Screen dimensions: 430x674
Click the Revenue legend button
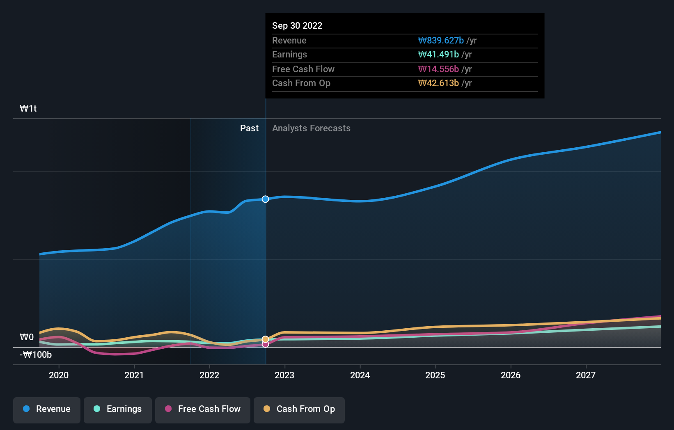(47, 409)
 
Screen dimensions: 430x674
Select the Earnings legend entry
(118, 409)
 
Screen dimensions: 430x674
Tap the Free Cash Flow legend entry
(203, 409)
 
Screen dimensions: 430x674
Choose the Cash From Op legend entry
(299, 409)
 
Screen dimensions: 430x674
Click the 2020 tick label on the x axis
(59, 375)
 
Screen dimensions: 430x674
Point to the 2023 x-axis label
(284, 375)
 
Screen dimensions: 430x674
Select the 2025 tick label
(435, 375)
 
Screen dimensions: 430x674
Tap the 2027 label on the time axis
(586, 375)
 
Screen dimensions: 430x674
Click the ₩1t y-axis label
(28, 109)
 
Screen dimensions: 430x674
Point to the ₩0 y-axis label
(27, 337)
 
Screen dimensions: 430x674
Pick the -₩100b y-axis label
(36, 355)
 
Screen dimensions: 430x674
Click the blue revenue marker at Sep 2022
(266, 199)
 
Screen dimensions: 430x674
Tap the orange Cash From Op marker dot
(266, 339)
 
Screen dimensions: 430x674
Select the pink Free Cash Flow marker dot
(266, 344)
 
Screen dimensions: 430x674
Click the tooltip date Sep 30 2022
(297, 26)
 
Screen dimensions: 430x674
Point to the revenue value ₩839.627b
(441, 41)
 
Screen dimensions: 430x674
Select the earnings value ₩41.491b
(438, 55)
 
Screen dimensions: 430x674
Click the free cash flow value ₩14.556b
(438, 69)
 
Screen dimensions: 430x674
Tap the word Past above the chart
(249, 128)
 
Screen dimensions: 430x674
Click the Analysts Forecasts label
(311, 128)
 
